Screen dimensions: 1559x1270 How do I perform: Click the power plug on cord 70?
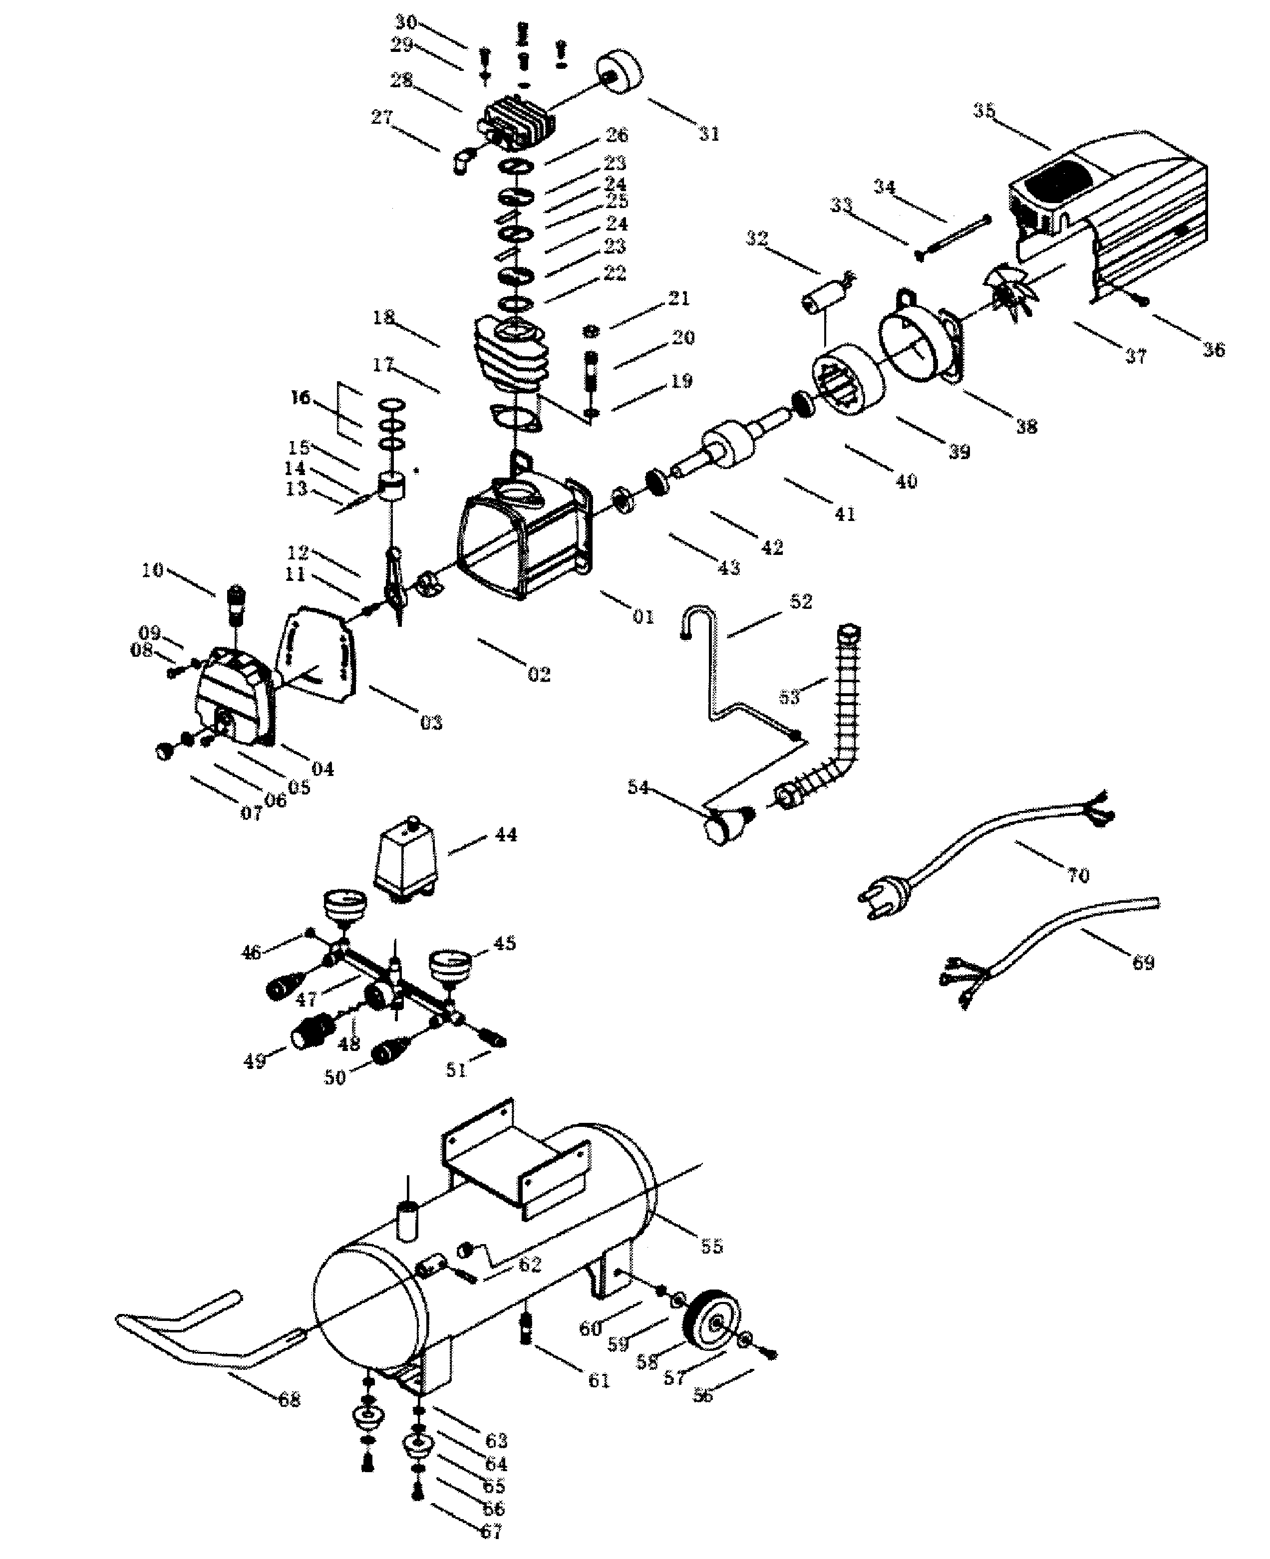(x=886, y=897)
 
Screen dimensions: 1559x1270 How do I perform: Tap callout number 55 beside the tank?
(x=711, y=1247)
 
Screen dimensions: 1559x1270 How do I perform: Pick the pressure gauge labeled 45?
(x=450, y=967)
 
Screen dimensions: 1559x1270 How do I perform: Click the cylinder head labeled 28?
(x=518, y=121)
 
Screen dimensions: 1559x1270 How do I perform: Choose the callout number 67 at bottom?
(x=491, y=1531)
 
